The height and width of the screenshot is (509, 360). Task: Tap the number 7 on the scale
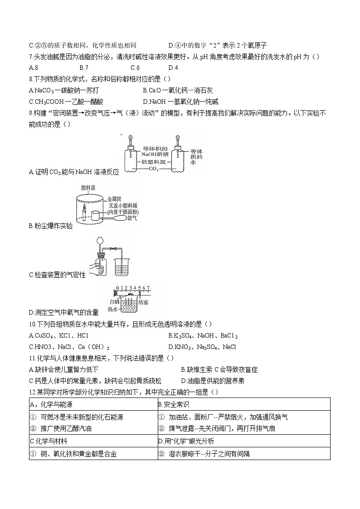148,288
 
